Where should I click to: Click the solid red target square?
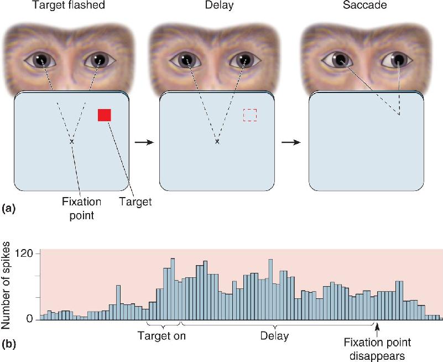[105, 115]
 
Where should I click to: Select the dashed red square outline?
[250, 115]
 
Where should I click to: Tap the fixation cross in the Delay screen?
[217, 141]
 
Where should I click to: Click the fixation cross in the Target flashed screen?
[71, 141]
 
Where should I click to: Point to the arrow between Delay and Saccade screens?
[291, 142]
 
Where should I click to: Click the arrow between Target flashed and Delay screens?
[144, 142]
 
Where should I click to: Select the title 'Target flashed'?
[69, 5]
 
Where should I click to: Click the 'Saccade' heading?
[364, 5]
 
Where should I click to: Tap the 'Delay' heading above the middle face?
[219, 5]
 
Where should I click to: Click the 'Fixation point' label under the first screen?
[82, 209]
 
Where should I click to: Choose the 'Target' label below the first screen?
[135, 201]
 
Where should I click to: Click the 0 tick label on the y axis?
[30, 319]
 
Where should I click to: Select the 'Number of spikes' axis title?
[6, 286]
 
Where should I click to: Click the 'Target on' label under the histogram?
[161, 335]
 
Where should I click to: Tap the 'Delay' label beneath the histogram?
[275, 335]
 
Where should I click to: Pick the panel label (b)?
[8, 344]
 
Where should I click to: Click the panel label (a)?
[8, 209]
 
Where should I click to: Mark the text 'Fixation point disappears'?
[377, 349]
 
